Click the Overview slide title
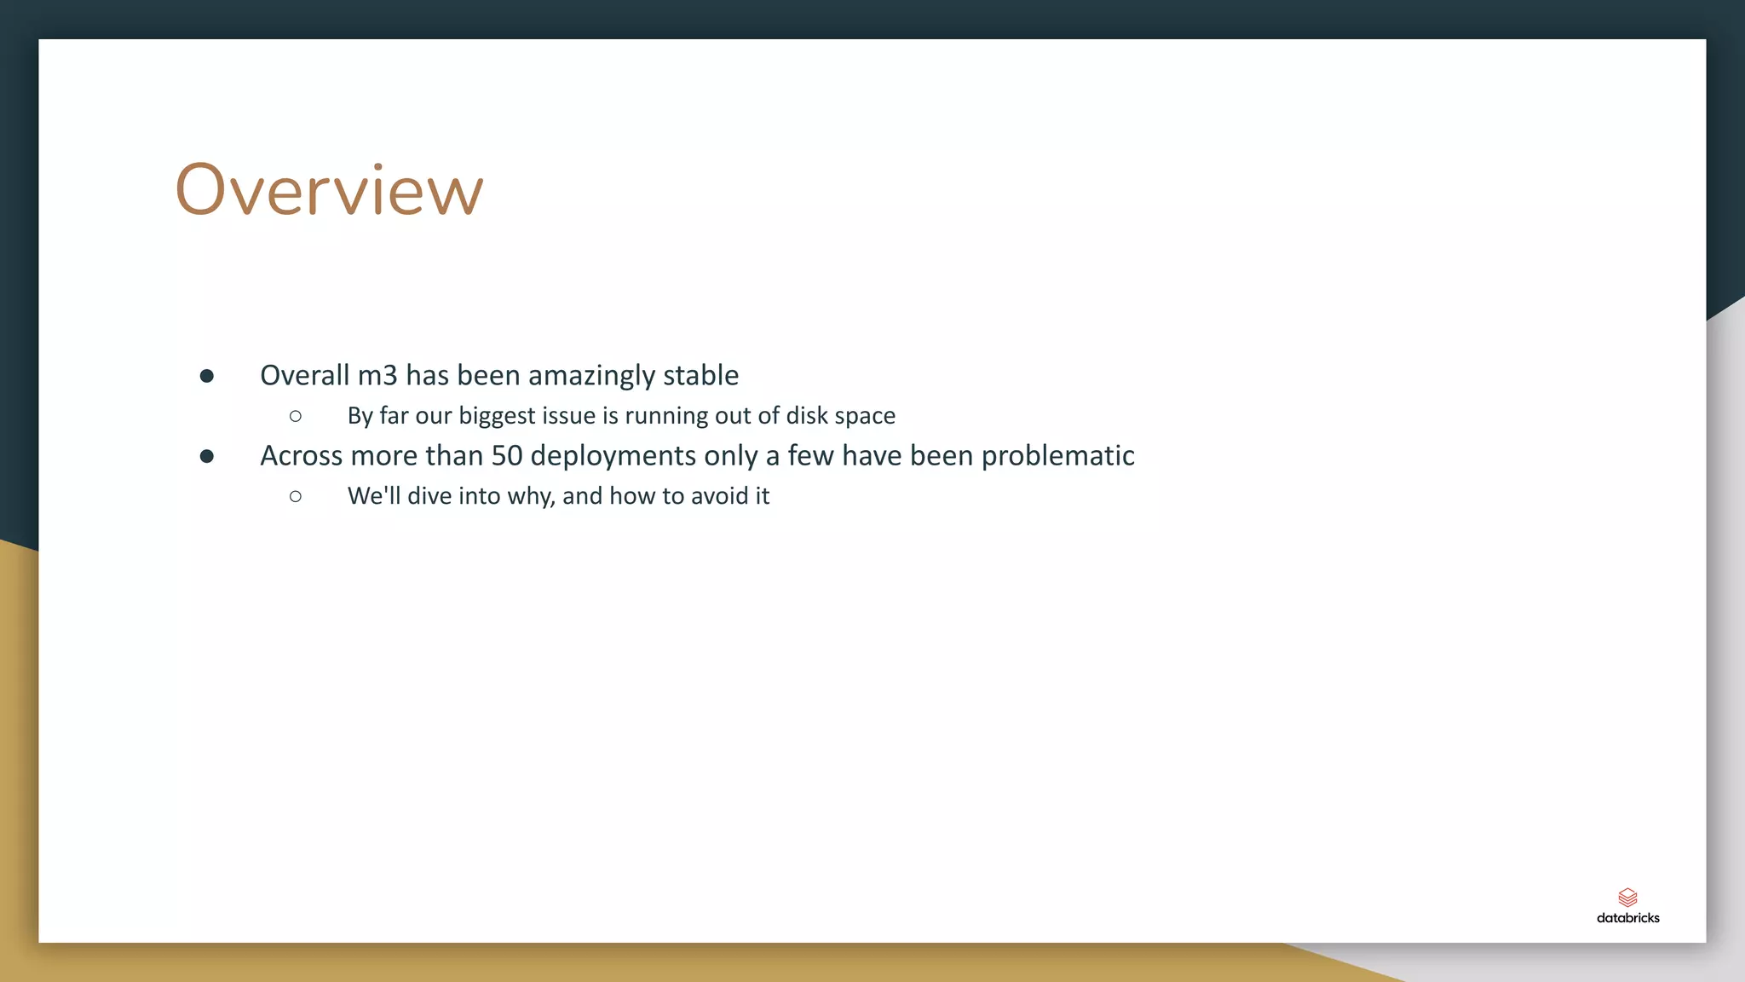pyautogui.click(x=329, y=190)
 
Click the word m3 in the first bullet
pyautogui.click(x=377, y=375)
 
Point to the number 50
pyautogui.click(x=506, y=456)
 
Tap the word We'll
pyautogui.click(x=373, y=496)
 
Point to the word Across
pyautogui.click(x=301, y=456)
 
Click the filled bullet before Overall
pyautogui.click(x=206, y=376)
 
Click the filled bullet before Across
pyautogui.click(x=206, y=457)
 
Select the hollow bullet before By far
pyautogui.click(x=296, y=416)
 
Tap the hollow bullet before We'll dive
pyautogui.click(x=296, y=496)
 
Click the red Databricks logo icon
pyautogui.click(x=1627, y=897)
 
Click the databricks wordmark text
pyautogui.click(x=1627, y=918)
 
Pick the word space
pyautogui.click(x=865, y=416)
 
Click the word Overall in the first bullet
pyautogui.click(x=304, y=375)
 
